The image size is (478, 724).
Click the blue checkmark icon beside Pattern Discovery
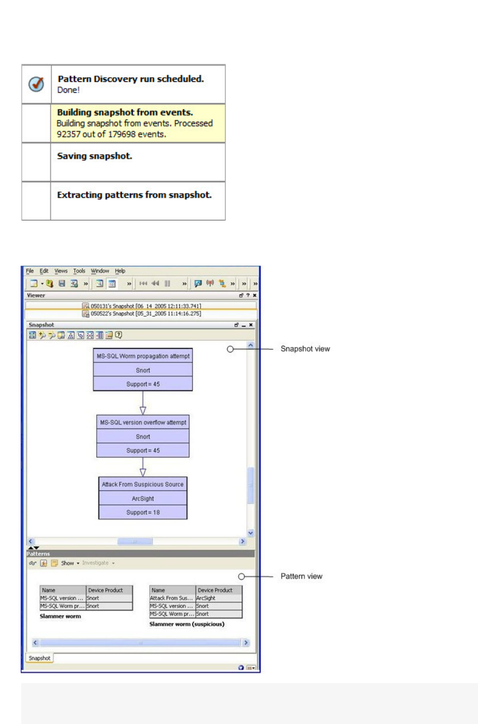point(36,84)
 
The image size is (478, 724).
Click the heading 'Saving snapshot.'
point(94,156)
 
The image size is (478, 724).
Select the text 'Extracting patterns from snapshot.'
point(134,195)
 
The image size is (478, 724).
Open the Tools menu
point(79,271)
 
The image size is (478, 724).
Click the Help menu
point(120,271)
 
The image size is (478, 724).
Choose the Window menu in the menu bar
point(100,271)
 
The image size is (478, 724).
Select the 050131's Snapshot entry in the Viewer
point(142,306)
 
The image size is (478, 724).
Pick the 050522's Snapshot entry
point(142,313)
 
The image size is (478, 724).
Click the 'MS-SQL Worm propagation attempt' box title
point(143,356)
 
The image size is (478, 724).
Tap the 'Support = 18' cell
point(143,512)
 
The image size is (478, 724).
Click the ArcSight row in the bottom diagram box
point(143,498)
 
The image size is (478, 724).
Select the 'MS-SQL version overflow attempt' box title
point(143,423)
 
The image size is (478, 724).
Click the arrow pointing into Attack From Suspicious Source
point(143,472)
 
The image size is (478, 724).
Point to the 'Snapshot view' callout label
point(305,349)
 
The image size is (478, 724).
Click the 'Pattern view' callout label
point(301,576)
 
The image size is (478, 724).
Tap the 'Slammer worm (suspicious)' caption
point(187,624)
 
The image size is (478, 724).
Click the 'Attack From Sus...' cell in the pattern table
point(172,598)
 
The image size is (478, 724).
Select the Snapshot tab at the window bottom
point(39,658)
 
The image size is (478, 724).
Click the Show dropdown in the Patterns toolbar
point(69,563)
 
